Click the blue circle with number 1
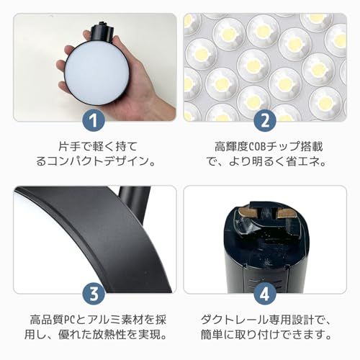tap(95, 117)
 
